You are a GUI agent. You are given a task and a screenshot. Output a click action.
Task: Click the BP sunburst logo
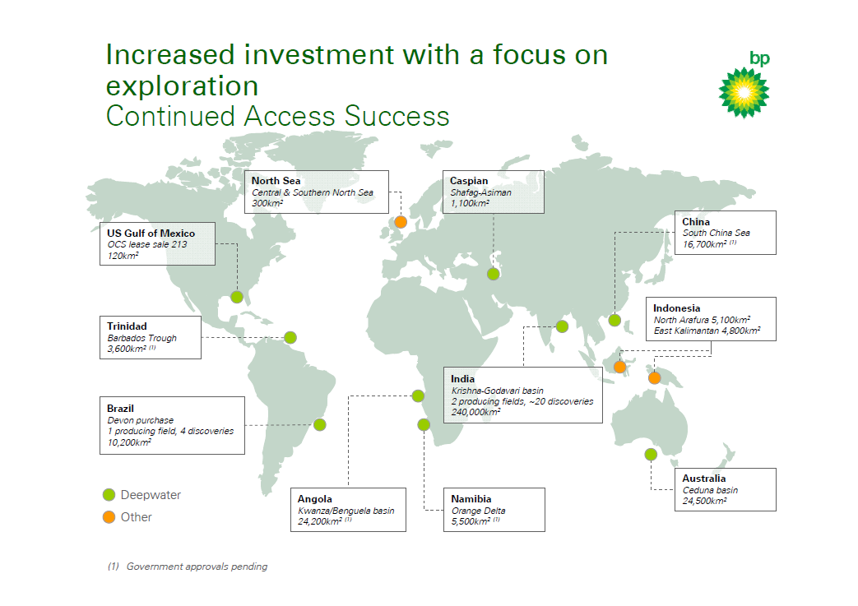pos(744,91)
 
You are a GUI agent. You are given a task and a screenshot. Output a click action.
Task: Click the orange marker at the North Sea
pos(401,222)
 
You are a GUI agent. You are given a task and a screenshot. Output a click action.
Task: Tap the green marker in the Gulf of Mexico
pos(237,297)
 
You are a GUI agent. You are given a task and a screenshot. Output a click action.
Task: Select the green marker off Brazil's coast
pos(320,425)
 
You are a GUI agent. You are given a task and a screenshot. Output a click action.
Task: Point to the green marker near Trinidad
pos(290,337)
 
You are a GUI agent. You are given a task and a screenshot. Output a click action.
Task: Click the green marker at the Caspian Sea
pos(494,275)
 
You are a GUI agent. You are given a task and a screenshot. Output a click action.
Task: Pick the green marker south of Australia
pos(651,455)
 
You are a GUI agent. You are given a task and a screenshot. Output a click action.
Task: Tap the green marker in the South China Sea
pos(615,320)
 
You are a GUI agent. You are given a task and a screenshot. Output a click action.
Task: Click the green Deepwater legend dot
pos(109,495)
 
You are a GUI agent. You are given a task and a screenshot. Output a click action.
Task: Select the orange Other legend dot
pos(109,517)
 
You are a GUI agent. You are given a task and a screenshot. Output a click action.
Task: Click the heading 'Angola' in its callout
pos(315,499)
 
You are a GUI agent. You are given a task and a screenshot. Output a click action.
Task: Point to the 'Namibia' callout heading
pos(471,499)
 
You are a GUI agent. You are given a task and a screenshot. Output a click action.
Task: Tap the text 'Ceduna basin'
pos(710,490)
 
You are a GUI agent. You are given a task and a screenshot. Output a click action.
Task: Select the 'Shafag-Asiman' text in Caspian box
pos(480,192)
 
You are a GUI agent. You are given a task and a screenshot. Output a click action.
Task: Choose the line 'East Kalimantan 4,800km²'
pos(707,331)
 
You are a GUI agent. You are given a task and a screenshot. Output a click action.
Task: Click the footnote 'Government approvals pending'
pos(197,567)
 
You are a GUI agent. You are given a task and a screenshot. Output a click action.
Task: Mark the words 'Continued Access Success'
pos(277,116)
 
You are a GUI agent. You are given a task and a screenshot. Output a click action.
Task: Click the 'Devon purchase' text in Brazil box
pos(140,420)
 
